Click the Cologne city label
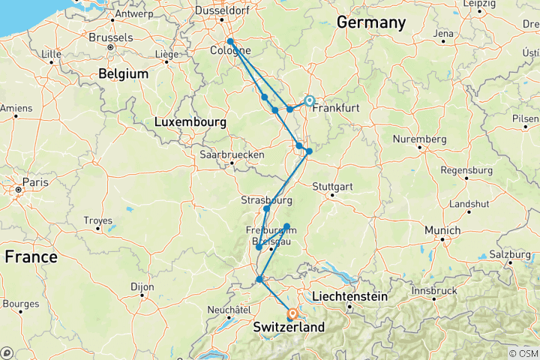(x=232, y=51)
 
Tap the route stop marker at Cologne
(x=230, y=42)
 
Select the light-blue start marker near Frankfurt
(x=309, y=100)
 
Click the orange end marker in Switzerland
(x=293, y=315)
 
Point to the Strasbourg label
(x=266, y=200)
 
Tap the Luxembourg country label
(x=190, y=121)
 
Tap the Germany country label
(x=370, y=22)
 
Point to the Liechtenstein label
(x=349, y=296)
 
